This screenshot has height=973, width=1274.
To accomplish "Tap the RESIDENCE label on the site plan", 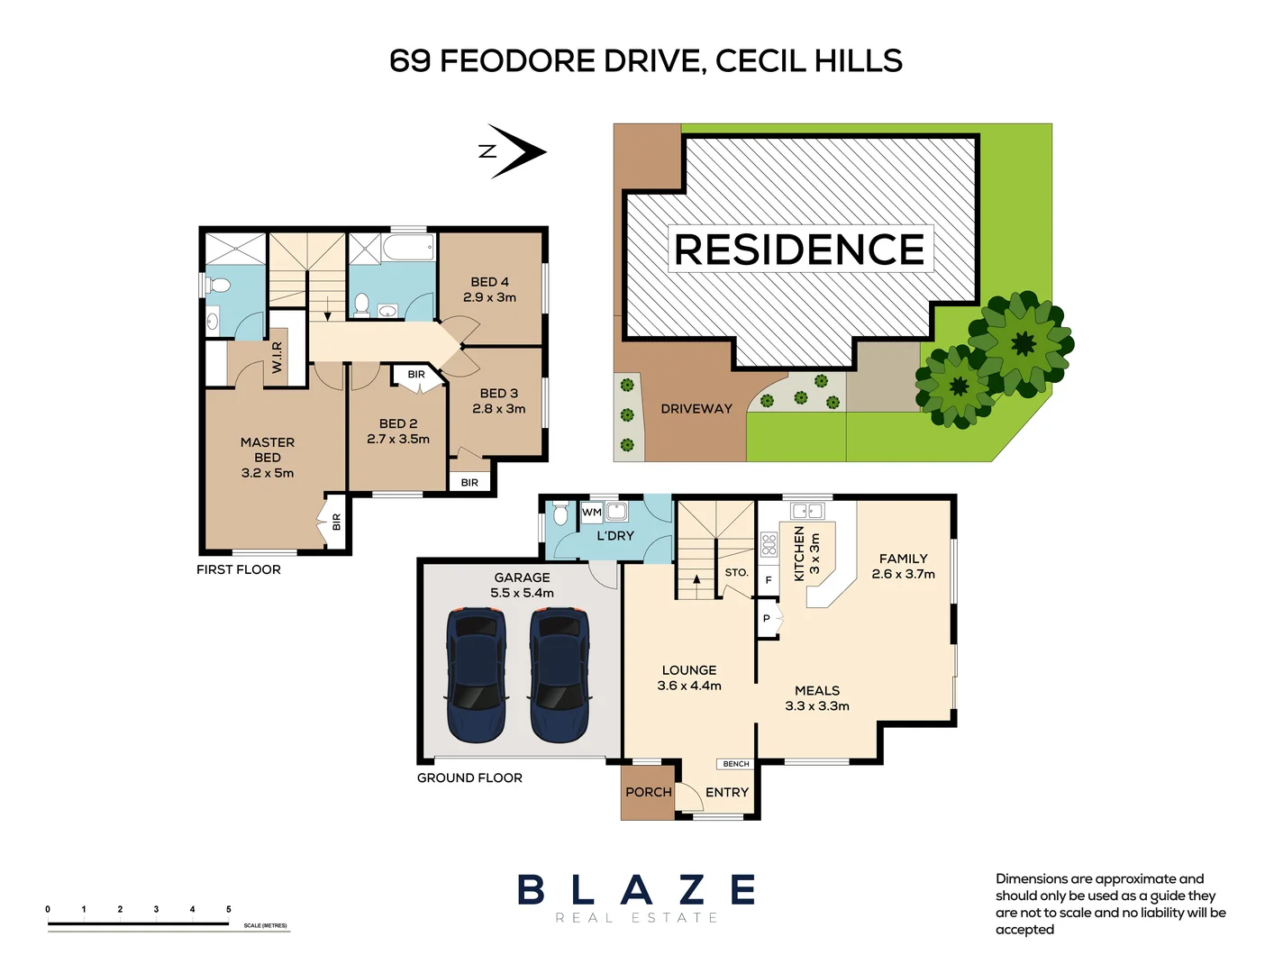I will tap(799, 250).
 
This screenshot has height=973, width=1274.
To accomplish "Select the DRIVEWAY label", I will tap(696, 409).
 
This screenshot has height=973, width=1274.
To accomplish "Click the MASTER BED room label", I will tap(268, 450).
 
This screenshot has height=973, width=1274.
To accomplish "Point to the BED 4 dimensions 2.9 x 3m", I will tap(489, 297).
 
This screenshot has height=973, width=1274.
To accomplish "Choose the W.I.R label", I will tap(278, 358).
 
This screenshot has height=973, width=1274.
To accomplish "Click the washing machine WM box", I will tap(592, 513).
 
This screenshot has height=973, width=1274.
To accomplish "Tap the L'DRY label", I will tap(615, 536).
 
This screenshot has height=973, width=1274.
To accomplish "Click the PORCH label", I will tap(648, 792).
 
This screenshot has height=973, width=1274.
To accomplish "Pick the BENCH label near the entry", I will tap(736, 764).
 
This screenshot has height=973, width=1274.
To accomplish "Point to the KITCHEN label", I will tap(799, 553).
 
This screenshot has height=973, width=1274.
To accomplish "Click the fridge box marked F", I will tap(769, 580).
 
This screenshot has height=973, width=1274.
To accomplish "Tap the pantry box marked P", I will tap(767, 619).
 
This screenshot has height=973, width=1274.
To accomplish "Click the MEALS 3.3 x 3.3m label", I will tap(817, 698).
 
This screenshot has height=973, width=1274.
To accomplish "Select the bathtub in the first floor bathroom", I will tap(408, 248).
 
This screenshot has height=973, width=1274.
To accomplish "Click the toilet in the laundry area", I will tap(560, 514).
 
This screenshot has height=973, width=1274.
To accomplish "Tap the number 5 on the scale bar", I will tap(229, 909).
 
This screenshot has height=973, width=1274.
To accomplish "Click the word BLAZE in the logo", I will tap(636, 890).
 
